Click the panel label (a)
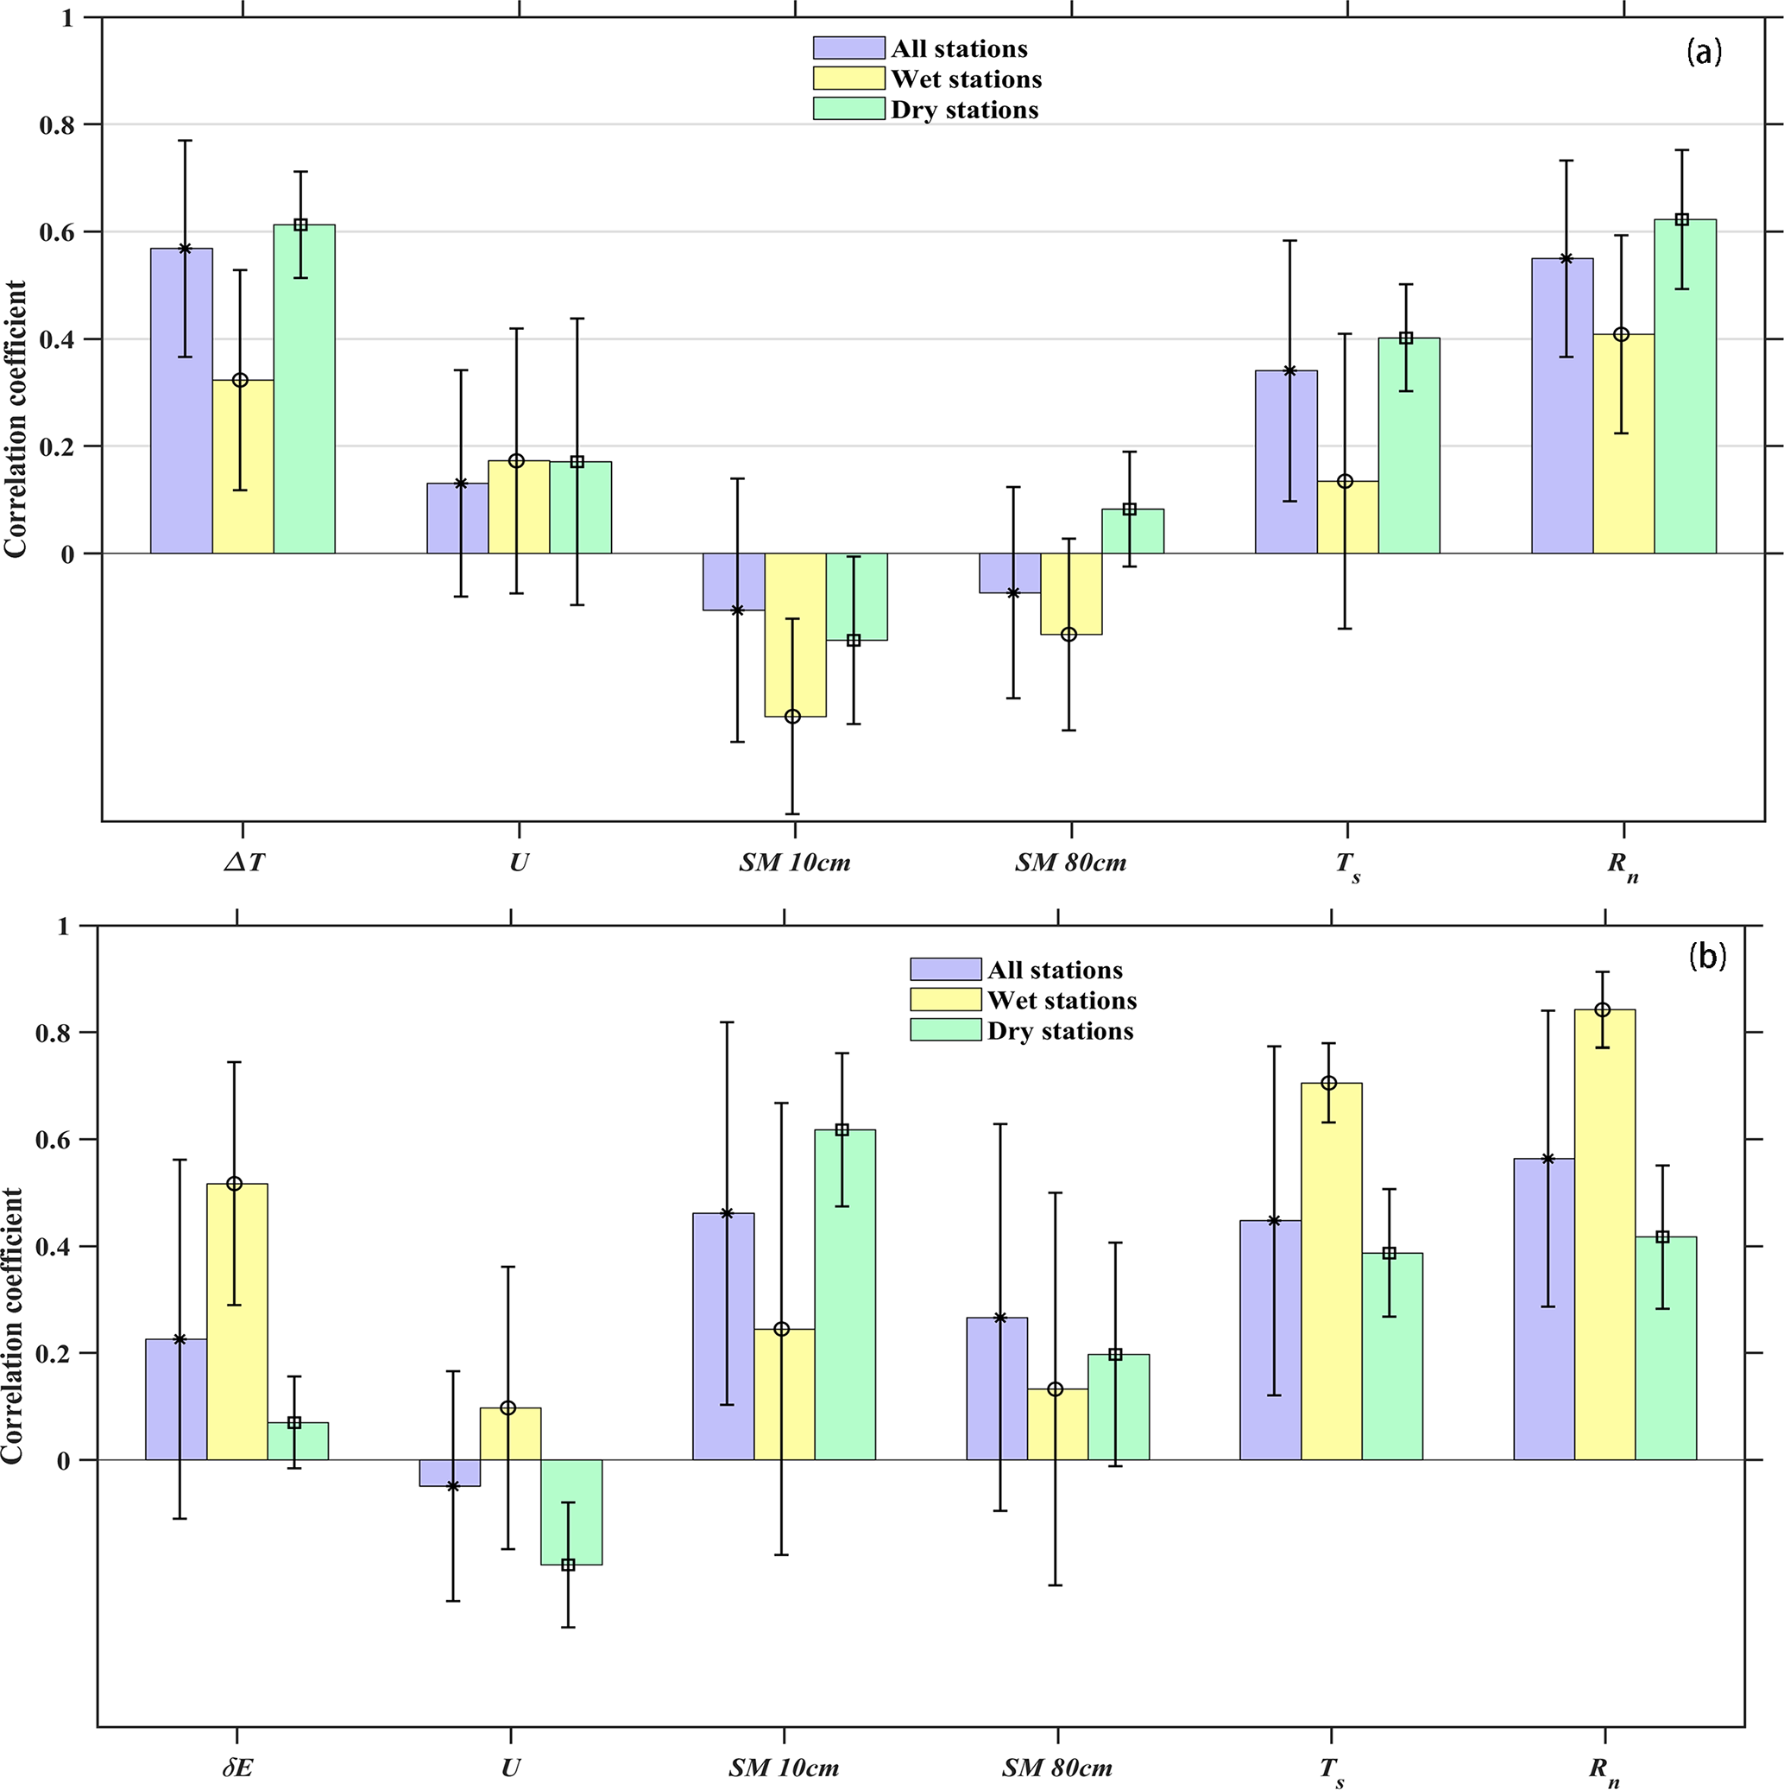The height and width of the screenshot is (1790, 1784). (1704, 52)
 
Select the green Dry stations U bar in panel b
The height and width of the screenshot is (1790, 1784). (571, 1513)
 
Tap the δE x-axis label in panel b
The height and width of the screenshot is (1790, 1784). (237, 1768)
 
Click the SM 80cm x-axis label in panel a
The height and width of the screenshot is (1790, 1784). (1071, 863)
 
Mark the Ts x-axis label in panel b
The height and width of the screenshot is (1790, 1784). (1332, 1769)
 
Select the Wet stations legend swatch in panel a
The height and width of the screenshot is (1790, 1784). (848, 79)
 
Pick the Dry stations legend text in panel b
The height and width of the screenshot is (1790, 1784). (1060, 1031)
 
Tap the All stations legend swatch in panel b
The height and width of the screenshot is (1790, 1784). (945, 969)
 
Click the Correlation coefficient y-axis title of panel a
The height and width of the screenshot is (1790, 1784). (16, 419)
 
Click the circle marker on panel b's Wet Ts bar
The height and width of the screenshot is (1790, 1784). (1329, 1083)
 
